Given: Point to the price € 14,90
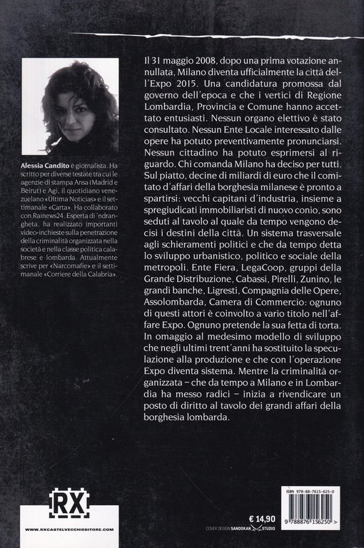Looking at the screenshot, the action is [253, 502].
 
